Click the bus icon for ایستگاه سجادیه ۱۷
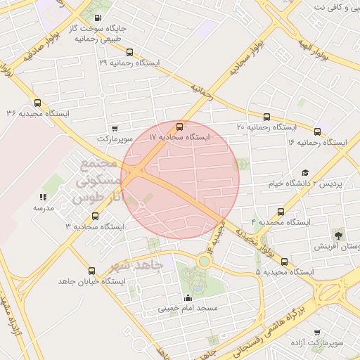(180, 127)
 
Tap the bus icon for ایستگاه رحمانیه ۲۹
(129, 51)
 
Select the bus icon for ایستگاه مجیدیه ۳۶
(37, 103)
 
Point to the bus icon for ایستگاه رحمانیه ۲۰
(266, 117)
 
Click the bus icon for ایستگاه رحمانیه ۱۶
(317, 131)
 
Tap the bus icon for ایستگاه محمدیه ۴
(282, 211)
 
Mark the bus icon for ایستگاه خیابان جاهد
(91, 269)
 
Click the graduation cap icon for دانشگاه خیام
(305, 172)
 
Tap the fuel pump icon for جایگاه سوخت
(96, 18)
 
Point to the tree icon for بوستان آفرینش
(340, 234)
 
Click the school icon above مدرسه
(43, 197)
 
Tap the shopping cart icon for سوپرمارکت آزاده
(317, 332)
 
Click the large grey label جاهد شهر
(136, 266)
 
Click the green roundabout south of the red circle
(204, 262)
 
